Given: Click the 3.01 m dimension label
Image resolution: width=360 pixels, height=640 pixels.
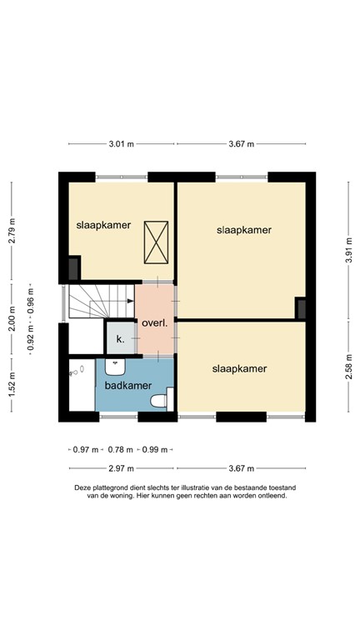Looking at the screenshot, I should (x=121, y=144).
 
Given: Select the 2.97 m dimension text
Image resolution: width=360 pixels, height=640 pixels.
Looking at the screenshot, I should (x=121, y=468).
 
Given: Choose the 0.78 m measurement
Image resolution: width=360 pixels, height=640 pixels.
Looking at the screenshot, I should (x=121, y=450).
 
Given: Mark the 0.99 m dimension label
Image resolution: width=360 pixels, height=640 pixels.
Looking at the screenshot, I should (x=156, y=450).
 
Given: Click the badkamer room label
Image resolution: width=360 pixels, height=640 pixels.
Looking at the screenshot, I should (x=127, y=386).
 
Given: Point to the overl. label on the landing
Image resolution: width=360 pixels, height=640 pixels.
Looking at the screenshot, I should (x=155, y=323).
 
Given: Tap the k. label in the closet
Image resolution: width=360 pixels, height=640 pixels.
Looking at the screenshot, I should (x=120, y=339).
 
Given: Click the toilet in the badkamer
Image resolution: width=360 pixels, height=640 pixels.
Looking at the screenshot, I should (x=157, y=402).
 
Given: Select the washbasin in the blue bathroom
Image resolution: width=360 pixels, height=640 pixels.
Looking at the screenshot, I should (x=116, y=366).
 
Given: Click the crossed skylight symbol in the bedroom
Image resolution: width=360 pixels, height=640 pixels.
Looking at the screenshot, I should (x=156, y=240).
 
